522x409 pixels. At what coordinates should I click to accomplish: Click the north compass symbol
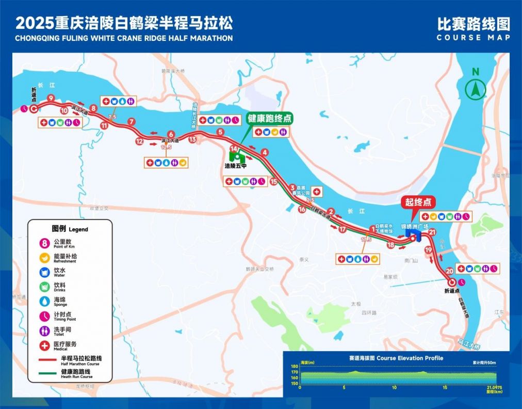click(x=476, y=89)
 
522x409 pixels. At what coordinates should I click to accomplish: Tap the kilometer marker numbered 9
click(x=51, y=98)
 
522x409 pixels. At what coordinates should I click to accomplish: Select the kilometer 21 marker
click(x=432, y=232)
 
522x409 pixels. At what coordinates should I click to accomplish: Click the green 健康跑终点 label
click(x=269, y=118)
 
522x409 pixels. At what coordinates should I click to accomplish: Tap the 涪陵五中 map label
click(x=235, y=166)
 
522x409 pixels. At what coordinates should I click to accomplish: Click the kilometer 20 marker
click(x=450, y=271)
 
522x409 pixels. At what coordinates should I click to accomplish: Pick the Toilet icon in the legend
click(x=44, y=329)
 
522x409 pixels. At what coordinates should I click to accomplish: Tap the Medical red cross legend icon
click(x=44, y=344)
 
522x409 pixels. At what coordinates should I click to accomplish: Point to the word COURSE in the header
click(x=455, y=38)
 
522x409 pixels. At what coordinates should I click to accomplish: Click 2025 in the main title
click(x=35, y=23)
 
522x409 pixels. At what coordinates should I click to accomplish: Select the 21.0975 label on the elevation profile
click(x=494, y=387)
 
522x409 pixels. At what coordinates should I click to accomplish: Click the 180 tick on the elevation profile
click(x=295, y=366)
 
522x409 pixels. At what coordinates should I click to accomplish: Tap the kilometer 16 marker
click(x=302, y=209)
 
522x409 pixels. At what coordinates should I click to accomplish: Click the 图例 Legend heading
click(x=70, y=229)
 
